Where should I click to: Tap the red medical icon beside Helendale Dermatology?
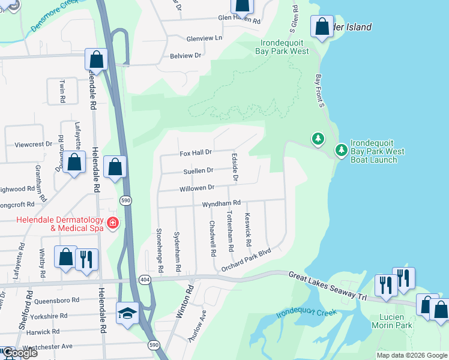[112, 224]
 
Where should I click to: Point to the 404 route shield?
[144, 280]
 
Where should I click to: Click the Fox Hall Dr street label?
[196, 154]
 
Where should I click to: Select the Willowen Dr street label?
[197, 188]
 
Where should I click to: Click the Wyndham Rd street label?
[221, 204]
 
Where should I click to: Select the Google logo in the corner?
[19, 353]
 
